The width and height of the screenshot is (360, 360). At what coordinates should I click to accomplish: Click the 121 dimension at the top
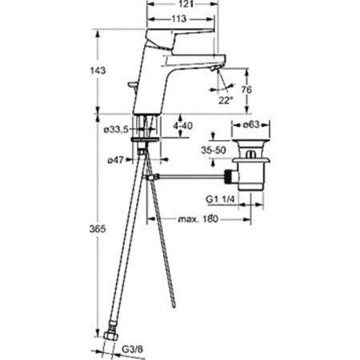(186, 4)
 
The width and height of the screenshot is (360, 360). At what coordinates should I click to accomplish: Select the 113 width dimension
(178, 19)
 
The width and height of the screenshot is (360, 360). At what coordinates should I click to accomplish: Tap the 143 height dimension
(98, 70)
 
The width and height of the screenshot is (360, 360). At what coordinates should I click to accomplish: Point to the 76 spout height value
(246, 90)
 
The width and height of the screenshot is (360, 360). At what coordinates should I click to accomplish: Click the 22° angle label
(226, 101)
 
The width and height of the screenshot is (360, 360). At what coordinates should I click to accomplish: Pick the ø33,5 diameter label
(116, 130)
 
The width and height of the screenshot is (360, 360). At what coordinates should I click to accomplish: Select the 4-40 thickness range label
(183, 126)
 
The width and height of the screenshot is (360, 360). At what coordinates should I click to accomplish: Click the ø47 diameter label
(115, 160)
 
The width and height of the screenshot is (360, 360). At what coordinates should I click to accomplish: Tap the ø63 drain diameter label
(251, 125)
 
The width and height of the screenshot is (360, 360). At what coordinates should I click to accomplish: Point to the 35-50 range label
(214, 150)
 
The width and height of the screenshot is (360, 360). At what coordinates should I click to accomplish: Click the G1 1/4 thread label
(220, 199)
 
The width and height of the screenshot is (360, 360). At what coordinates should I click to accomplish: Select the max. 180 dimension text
(198, 219)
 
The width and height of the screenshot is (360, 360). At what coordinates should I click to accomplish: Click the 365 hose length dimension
(98, 229)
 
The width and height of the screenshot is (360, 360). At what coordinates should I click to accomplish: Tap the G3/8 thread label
(132, 349)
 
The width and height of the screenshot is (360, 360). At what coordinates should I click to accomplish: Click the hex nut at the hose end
(110, 336)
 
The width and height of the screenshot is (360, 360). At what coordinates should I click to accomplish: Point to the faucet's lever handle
(179, 38)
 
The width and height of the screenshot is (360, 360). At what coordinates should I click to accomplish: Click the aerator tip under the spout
(215, 69)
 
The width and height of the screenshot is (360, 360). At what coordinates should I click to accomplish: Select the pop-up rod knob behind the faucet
(133, 85)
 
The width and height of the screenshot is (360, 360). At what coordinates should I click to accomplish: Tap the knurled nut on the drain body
(228, 176)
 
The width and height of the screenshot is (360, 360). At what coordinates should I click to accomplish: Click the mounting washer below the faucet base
(146, 140)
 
